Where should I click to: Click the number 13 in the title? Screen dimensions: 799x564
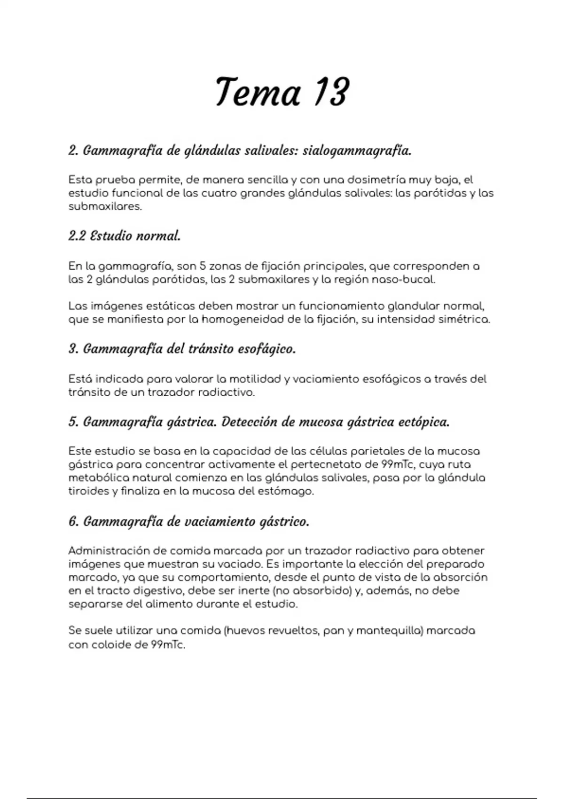(332, 92)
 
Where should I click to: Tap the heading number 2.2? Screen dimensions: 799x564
(77, 236)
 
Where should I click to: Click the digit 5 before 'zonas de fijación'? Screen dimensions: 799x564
(203, 266)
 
